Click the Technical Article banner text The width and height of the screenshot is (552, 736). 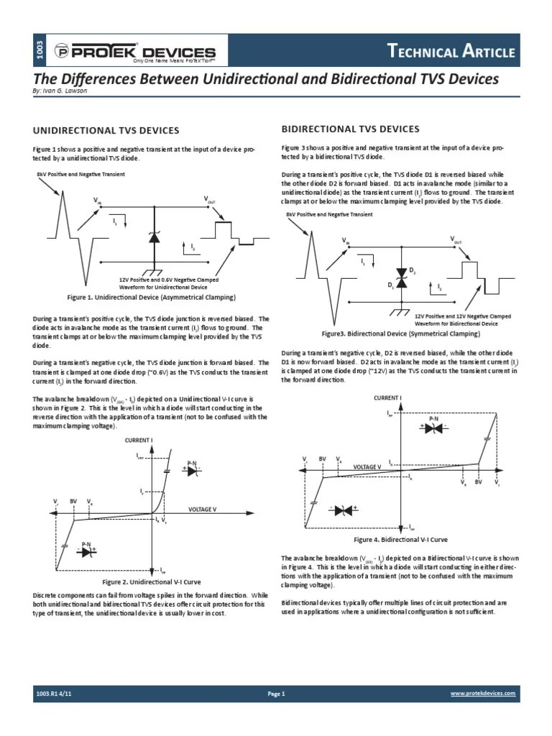coord(451,51)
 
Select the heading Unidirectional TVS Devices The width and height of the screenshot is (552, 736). coord(106,130)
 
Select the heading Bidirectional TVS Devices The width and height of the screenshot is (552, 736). coord(350,129)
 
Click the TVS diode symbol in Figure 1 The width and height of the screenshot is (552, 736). coord(153,237)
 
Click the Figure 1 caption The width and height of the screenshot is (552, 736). coord(151,297)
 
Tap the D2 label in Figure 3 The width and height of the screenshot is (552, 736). coord(413,270)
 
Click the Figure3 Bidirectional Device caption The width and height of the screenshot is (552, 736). coord(400,333)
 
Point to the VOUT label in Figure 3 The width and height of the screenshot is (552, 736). coord(456,240)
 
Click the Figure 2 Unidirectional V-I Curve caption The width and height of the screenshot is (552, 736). coord(151,581)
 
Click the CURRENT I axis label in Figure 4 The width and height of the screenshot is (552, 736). coord(387,397)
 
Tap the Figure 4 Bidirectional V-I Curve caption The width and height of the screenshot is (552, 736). coord(400,539)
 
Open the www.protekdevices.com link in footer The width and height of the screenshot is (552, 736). coord(483,694)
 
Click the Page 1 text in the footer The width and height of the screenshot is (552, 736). coord(277,694)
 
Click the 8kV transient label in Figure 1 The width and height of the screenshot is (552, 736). coord(80,174)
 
